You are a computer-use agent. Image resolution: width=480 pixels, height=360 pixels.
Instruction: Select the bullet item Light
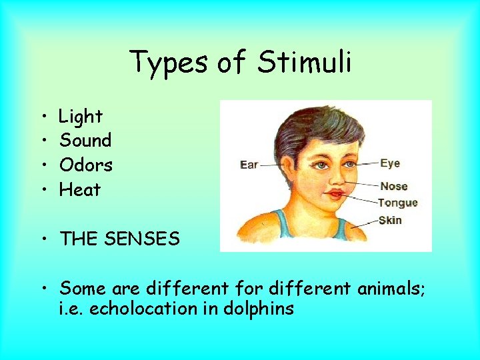click(81, 117)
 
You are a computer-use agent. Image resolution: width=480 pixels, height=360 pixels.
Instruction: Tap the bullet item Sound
click(85, 141)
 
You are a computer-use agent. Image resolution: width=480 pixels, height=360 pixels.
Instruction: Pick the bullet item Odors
click(86, 165)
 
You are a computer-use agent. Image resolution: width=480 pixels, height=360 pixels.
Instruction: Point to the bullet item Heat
click(80, 189)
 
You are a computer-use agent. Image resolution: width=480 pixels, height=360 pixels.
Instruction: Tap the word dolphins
click(258, 309)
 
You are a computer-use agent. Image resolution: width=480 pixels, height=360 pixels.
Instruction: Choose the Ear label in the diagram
click(249, 165)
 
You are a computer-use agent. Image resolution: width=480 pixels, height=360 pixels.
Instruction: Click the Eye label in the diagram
click(390, 163)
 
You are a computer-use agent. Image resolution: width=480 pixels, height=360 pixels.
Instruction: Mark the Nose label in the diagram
click(393, 186)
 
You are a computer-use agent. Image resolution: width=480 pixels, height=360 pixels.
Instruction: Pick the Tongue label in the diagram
click(397, 203)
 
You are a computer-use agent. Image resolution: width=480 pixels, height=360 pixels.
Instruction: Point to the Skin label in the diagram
click(390, 220)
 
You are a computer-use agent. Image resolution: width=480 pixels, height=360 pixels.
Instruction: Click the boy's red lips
click(334, 194)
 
